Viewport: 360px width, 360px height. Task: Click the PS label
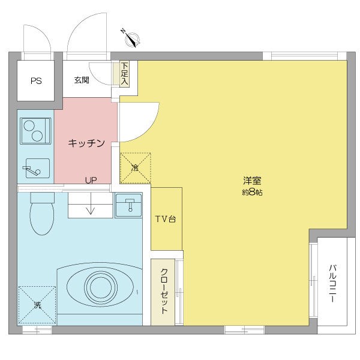pyautogui.click(x=36, y=80)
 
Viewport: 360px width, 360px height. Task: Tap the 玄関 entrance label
pyautogui.click(x=82, y=80)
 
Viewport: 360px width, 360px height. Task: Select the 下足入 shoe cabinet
pyautogui.click(x=125, y=73)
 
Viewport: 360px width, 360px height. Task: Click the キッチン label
pyautogui.click(x=87, y=143)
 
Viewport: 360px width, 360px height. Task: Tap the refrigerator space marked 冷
pyautogui.click(x=135, y=168)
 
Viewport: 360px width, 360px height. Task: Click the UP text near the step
pyautogui.click(x=91, y=180)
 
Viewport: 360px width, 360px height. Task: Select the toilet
pyautogui.click(x=41, y=214)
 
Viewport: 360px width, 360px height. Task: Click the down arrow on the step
pyautogui.click(x=90, y=210)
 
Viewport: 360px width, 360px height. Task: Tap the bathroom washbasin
pyautogui.click(x=128, y=205)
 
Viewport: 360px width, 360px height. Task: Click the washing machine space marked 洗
pyautogui.click(x=37, y=305)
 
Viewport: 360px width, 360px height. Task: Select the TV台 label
pyautogui.click(x=166, y=220)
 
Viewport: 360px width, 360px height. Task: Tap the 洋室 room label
pyautogui.click(x=252, y=181)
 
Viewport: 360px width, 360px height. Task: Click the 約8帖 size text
pyautogui.click(x=252, y=193)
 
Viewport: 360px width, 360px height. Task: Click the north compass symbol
pyautogui.click(x=132, y=38)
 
